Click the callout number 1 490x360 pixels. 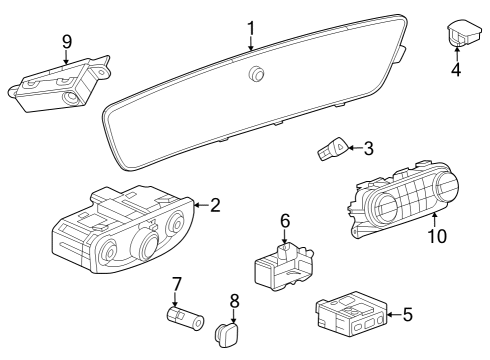tap(251, 27)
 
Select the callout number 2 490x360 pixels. tap(214, 205)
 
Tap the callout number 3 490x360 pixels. tap(368, 149)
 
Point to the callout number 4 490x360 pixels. tap(455, 70)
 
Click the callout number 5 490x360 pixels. tap(406, 315)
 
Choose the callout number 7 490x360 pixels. tap(176, 284)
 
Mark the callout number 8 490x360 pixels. tap(235, 300)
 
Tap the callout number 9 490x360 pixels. tap(67, 41)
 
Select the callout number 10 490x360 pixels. tap(436, 236)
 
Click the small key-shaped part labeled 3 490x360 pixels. tap(331, 152)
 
